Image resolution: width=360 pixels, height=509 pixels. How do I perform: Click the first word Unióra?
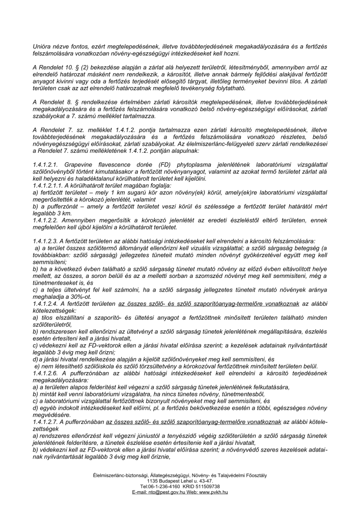coord(42,47)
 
